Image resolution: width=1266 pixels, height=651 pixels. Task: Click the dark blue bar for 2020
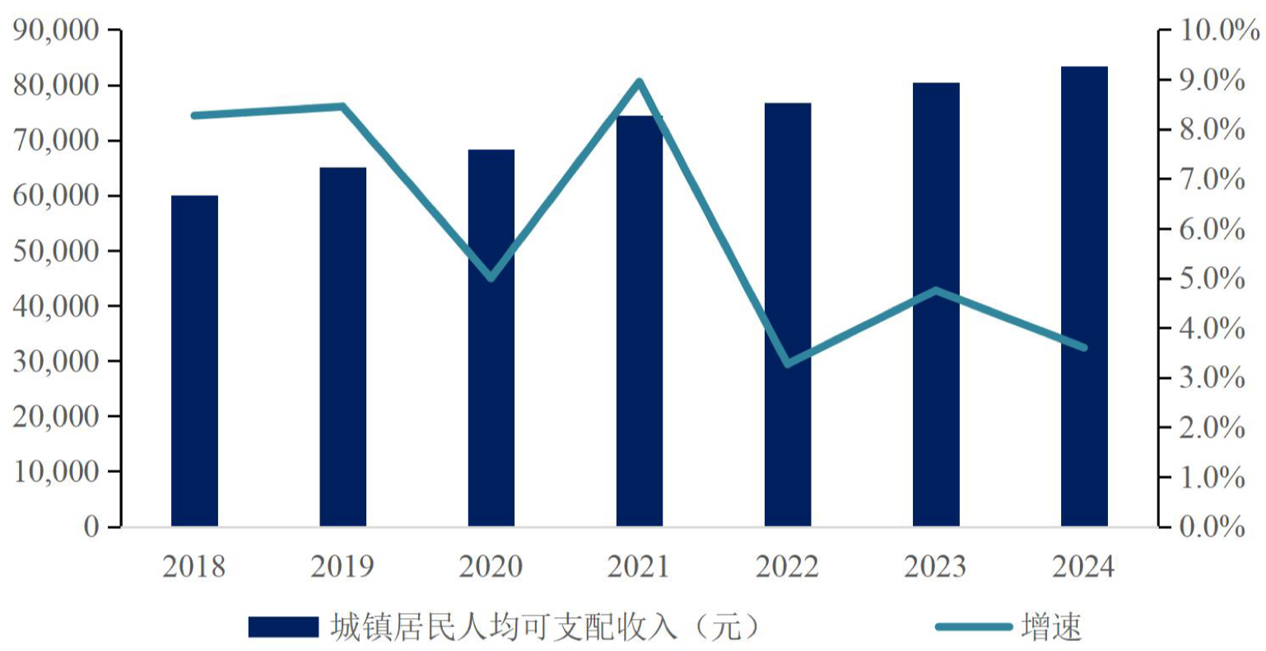491,338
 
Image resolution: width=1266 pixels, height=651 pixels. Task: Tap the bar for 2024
1084,297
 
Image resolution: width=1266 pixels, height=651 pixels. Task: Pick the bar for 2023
936,305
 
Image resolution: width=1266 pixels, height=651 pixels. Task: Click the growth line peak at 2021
640,82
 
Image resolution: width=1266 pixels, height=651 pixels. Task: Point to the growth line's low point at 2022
788,363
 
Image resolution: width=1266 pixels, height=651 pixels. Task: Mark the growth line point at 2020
491,279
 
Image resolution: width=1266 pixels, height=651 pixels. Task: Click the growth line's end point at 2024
1084,348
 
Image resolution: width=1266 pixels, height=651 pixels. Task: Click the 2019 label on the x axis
342,567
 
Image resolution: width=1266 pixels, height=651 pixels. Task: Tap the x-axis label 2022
788,567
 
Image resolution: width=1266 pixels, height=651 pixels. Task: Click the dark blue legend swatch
283,627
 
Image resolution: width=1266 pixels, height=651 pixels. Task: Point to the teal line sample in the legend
973,627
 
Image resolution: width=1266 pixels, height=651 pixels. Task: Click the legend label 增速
1051,627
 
